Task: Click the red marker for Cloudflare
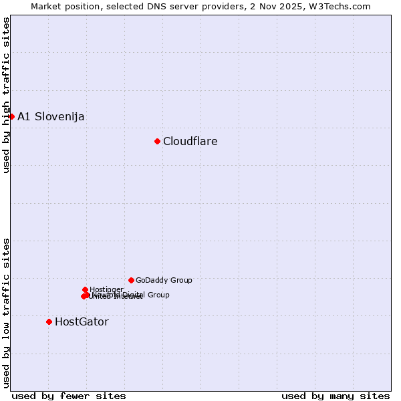[x=157, y=141]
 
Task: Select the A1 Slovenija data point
[x=11, y=116]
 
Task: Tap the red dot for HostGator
[x=49, y=321]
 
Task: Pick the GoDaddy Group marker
[x=131, y=280]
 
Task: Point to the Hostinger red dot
[x=85, y=289]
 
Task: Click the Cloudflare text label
[x=190, y=141]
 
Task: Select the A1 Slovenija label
[x=51, y=116]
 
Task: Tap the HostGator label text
[x=82, y=321]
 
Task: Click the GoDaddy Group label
[x=164, y=281]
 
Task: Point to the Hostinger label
[x=106, y=289]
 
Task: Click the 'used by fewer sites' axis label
[x=69, y=396]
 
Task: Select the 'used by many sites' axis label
[x=336, y=396]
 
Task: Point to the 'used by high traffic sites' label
[x=6, y=95]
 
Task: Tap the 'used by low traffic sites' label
[x=6, y=312]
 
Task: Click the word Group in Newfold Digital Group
[x=158, y=295]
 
